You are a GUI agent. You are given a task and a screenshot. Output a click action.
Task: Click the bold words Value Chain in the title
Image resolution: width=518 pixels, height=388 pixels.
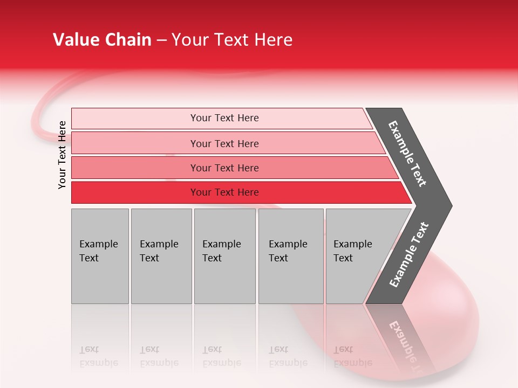tap(102, 40)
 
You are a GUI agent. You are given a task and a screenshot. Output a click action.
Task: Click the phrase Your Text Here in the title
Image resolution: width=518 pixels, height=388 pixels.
tap(231, 40)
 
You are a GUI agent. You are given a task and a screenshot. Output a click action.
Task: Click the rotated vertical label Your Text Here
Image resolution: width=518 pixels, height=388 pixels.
tap(62, 155)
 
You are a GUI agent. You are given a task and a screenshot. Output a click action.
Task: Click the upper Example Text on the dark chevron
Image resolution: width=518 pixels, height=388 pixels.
tap(407, 154)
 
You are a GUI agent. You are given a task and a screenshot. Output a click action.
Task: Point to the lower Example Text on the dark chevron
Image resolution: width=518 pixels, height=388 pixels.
tap(408, 255)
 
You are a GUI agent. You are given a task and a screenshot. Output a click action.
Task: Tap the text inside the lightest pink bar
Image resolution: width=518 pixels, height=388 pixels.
tap(224, 118)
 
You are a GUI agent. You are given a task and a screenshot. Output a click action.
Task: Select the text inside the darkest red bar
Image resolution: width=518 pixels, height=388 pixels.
tap(224, 192)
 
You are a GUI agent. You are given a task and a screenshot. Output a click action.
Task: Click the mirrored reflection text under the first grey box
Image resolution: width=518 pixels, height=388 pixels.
tap(98, 356)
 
